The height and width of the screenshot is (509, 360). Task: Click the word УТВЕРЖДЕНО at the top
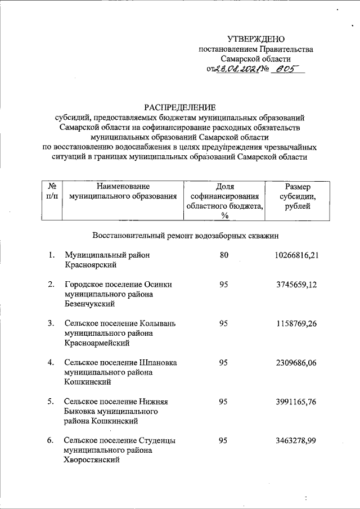256,39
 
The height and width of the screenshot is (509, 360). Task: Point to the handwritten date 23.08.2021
240,70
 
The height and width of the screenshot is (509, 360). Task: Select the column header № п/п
52,192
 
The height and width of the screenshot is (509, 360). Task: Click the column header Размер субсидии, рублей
298,197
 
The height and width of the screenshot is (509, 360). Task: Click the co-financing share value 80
224,255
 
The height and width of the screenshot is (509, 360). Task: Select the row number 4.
51,363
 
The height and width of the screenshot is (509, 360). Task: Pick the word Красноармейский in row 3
97,343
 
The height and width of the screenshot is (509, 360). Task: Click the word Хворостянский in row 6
92,461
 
